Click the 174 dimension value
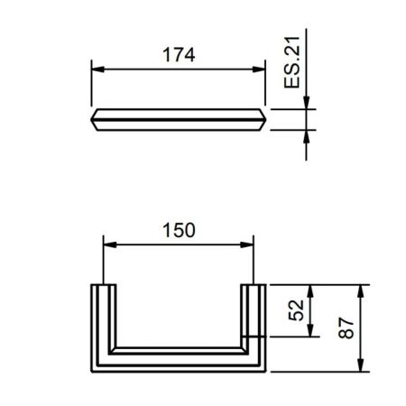coord(179,55)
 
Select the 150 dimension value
coord(179,230)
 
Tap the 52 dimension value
coord(296,310)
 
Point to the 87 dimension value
coord(346,328)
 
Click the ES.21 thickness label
coord(291,62)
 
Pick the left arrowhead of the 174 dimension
coord(97,69)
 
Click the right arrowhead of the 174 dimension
coord(259,69)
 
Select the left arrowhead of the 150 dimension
coord(110,245)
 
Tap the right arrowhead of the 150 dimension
coord(247,245)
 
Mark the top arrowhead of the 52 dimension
coord(310,291)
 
